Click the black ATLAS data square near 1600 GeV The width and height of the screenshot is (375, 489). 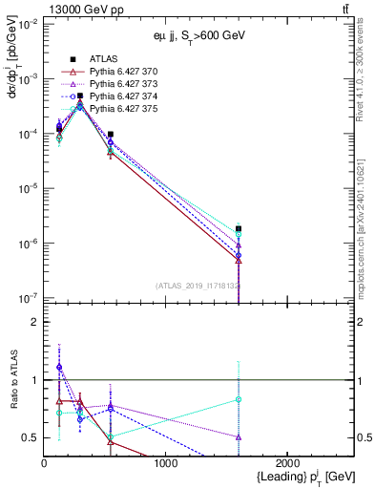tap(239, 228)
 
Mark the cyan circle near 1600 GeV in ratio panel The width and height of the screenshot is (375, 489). tap(239, 399)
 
